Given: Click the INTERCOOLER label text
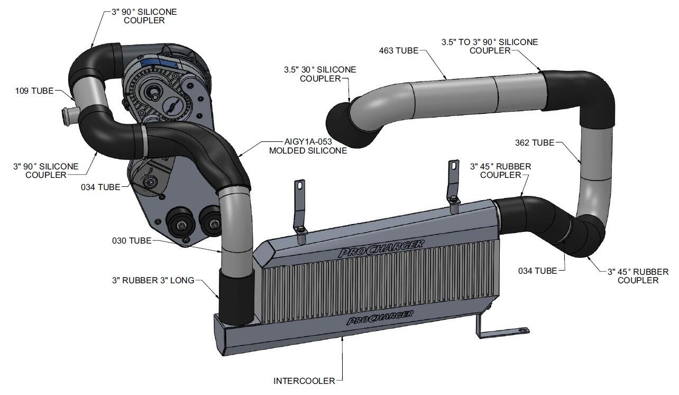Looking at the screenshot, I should (x=304, y=380).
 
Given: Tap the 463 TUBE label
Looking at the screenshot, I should (x=396, y=51).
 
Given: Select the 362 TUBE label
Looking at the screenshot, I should (x=534, y=142).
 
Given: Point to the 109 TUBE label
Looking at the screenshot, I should (x=34, y=91).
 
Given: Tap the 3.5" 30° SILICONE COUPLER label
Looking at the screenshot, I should (x=319, y=74).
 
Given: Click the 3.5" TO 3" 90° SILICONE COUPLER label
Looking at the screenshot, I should (x=490, y=46).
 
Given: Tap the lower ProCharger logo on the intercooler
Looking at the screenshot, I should (x=379, y=318).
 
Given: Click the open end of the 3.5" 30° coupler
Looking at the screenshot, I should (x=338, y=123).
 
